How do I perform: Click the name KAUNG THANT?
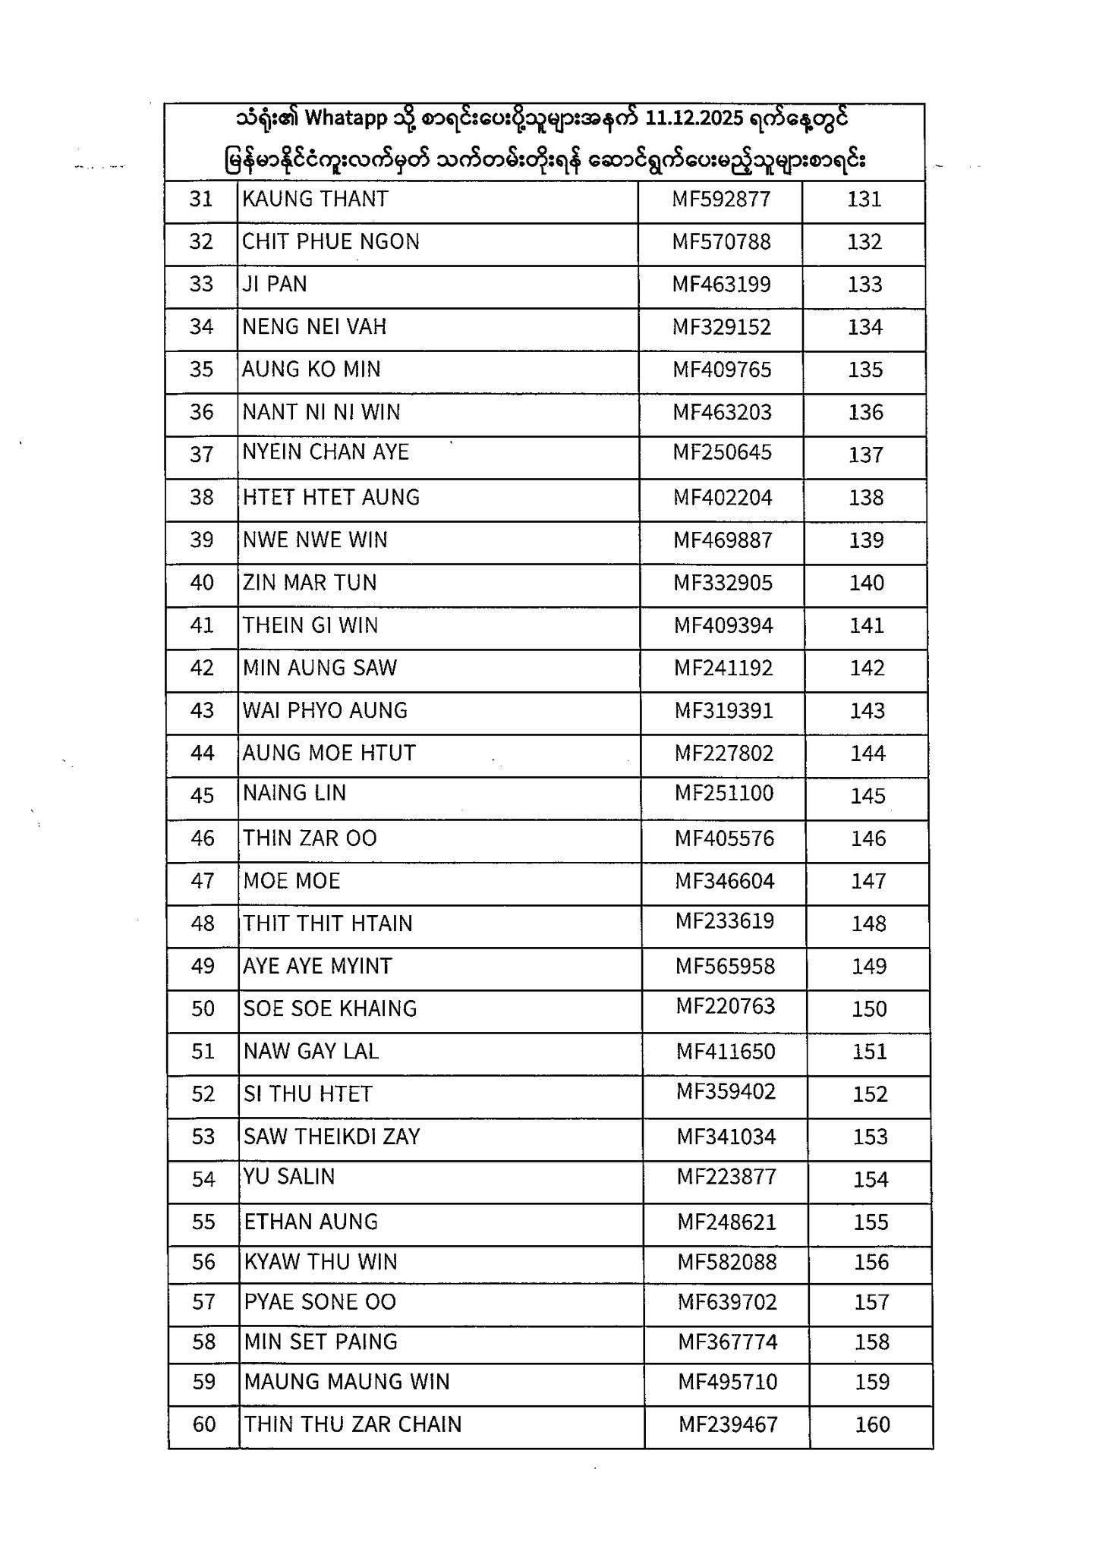coord(315,200)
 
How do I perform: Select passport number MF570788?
coord(721,242)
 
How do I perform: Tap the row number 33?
coord(201,285)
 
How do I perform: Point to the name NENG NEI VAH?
coord(314,327)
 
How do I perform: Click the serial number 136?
coord(866,413)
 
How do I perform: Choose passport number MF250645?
coord(723,453)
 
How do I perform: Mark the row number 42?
coord(202,668)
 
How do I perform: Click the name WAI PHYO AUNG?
coord(325,711)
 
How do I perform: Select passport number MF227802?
coord(724,753)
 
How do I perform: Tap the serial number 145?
coord(868,797)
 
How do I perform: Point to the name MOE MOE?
coord(291,882)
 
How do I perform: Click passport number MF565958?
coord(726,967)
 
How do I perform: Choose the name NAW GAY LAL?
coord(311,1052)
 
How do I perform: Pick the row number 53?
coord(203,1137)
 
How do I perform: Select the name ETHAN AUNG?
coord(311,1222)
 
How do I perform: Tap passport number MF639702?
coord(728,1303)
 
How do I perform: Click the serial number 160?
coord(873,1425)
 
